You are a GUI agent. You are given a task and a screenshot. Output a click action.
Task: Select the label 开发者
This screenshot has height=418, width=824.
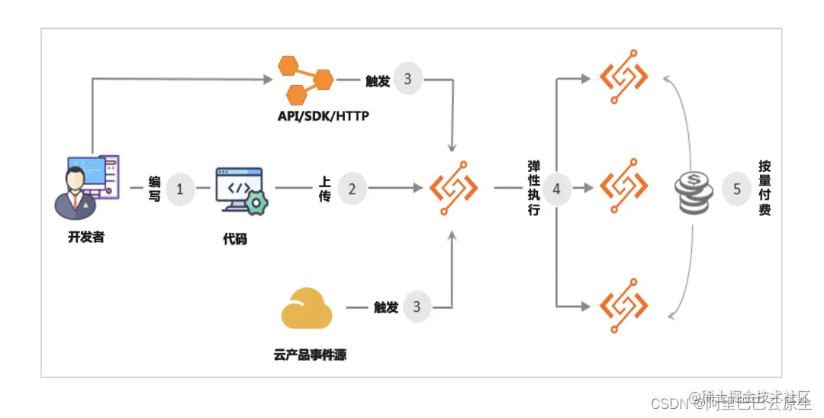[x=85, y=237]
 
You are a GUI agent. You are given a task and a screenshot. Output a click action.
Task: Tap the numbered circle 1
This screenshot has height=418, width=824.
[x=180, y=189]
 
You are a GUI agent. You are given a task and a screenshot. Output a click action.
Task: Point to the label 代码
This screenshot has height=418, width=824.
[x=235, y=239]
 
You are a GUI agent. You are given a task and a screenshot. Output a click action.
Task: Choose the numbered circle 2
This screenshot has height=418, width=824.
[x=352, y=189]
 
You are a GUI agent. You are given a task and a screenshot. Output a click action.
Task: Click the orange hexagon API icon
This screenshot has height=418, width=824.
[x=305, y=79]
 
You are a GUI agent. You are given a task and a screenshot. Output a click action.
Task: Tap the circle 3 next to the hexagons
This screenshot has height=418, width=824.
[x=407, y=79]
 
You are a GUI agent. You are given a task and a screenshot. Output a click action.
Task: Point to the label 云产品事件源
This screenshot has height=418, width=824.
[x=310, y=355]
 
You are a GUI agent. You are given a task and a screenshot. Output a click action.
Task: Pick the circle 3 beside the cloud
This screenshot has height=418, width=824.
[x=417, y=307]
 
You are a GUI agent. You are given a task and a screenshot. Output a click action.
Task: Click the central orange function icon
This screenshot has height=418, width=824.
[x=454, y=187]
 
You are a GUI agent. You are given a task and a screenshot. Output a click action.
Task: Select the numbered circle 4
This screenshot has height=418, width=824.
[x=556, y=189]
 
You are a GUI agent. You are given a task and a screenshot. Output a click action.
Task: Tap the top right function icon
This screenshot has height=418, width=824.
[x=624, y=78]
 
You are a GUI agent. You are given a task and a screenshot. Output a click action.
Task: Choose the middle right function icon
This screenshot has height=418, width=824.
[x=624, y=186]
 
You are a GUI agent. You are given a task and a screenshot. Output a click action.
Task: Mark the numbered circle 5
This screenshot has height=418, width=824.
[x=736, y=189]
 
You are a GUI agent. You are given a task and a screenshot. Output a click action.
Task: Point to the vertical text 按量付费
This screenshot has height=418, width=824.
[x=764, y=188]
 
